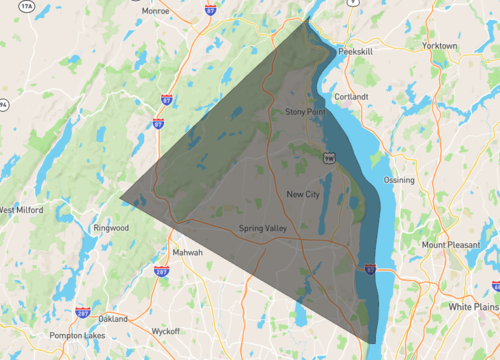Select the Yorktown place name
point(440,46)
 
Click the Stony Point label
point(305,112)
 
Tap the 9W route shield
point(328,157)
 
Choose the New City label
point(302,194)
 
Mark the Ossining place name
point(399,180)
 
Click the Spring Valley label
point(263,229)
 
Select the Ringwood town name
point(111,228)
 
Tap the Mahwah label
point(187,252)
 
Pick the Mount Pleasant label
point(447,245)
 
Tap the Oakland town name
point(112,318)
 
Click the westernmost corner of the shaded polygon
point(121,197)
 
